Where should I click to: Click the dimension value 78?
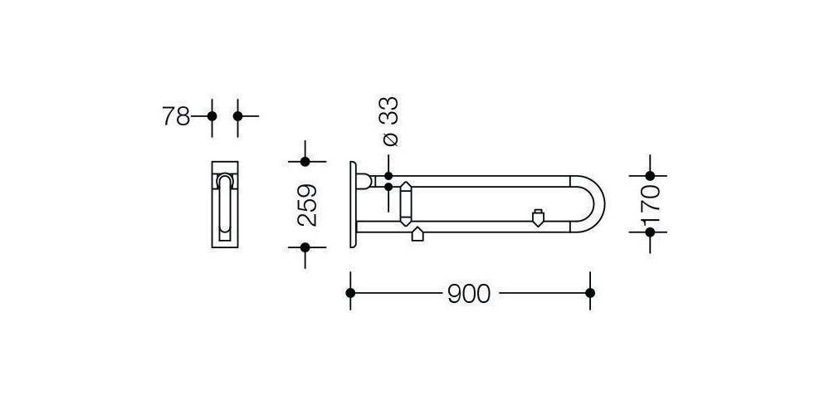176,116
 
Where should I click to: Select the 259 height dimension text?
307,205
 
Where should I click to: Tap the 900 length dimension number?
469,294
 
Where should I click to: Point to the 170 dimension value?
651,204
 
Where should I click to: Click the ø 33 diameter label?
389,122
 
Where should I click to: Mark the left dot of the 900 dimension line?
350,293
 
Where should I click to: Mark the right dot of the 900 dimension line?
590,293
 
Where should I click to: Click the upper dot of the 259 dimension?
305,162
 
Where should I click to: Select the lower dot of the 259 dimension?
305,247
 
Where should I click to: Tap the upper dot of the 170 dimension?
650,176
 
